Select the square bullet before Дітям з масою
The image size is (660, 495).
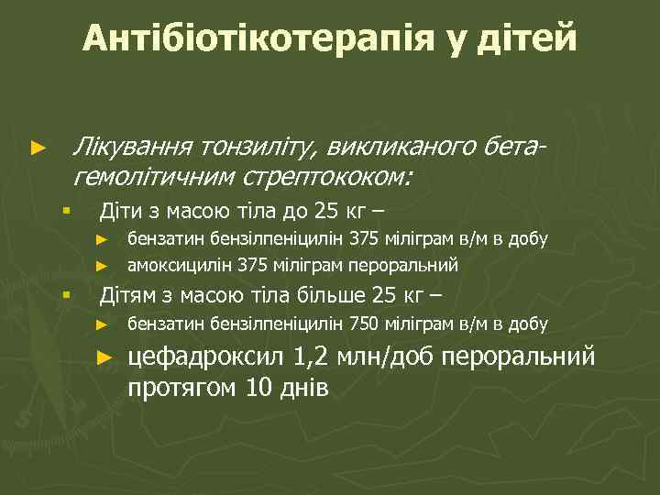click(x=66, y=295)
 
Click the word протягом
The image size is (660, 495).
click(x=183, y=387)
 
